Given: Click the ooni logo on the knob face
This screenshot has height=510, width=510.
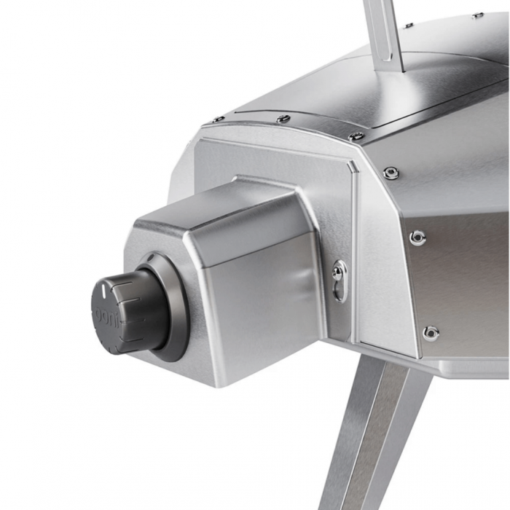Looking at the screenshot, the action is [101, 316].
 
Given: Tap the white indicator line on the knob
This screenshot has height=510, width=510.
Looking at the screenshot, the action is [103, 289].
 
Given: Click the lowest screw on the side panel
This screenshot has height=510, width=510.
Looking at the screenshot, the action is [430, 332].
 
